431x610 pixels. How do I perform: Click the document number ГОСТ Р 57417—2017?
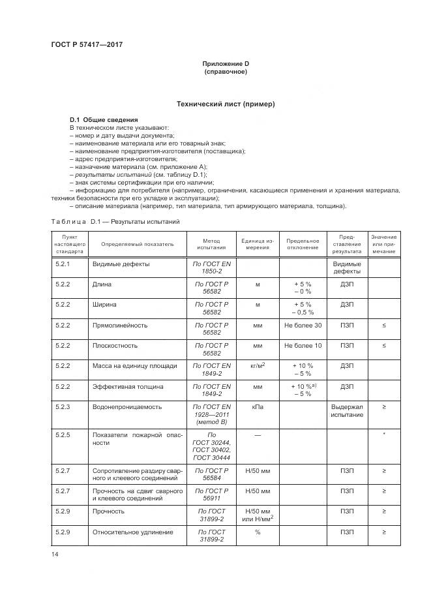(x=87, y=44)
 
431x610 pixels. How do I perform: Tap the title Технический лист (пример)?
(x=226, y=104)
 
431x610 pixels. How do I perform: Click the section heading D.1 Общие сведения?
(x=104, y=120)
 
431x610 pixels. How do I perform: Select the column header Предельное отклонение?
(x=303, y=243)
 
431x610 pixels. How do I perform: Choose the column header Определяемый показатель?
(x=138, y=243)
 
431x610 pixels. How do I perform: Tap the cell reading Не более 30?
(x=303, y=325)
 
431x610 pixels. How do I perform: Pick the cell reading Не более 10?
(x=303, y=345)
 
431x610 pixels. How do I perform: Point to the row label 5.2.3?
(x=63, y=406)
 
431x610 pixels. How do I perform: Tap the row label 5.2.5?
(x=63, y=434)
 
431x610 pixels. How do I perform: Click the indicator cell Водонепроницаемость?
(x=128, y=406)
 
